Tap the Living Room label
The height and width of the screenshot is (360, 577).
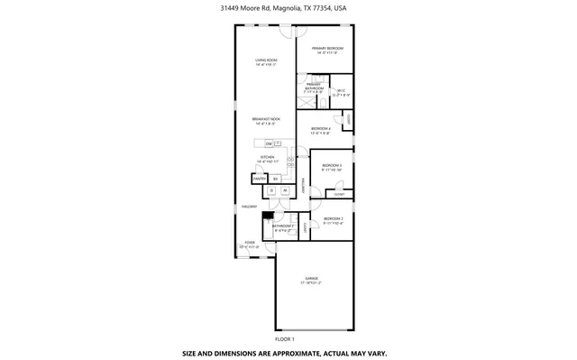tap(265, 62)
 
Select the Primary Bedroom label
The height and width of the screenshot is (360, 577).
tap(327, 50)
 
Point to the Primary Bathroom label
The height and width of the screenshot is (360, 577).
tap(314, 88)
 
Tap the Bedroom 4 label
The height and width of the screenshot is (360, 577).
tap(321, 130)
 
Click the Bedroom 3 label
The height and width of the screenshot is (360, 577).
tap(332, 167)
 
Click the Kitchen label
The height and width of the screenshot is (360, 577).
tap(267, 159)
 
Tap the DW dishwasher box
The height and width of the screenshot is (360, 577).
tap(269, 143)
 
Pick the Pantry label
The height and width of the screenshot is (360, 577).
tap(258, 180)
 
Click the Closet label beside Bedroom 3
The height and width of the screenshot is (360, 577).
tap(339, 194)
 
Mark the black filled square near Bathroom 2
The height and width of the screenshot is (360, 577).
tap(267, 214)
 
